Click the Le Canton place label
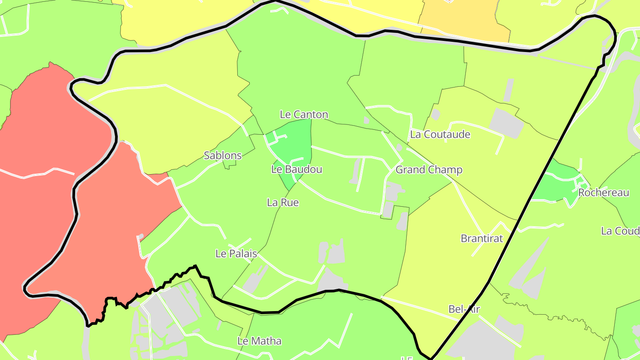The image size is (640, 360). [304, 115]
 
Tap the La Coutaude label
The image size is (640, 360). [440, 134]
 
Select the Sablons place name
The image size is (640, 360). [223, 156]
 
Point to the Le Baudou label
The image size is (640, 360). [296, 169]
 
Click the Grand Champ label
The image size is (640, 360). [429, 170]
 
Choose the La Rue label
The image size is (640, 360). [283, 203]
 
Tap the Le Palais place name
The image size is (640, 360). [236, 254]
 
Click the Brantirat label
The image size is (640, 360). [482, 239]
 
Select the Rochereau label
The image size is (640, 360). [604, 193]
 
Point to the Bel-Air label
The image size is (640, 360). [464, 309]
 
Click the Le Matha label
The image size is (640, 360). [260, 341]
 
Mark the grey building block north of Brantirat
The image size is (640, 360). [507, 122]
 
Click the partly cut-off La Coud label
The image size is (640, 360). [620, 231]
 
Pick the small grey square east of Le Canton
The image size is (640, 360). [366, 120]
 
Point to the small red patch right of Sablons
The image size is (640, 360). [160, 178]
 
